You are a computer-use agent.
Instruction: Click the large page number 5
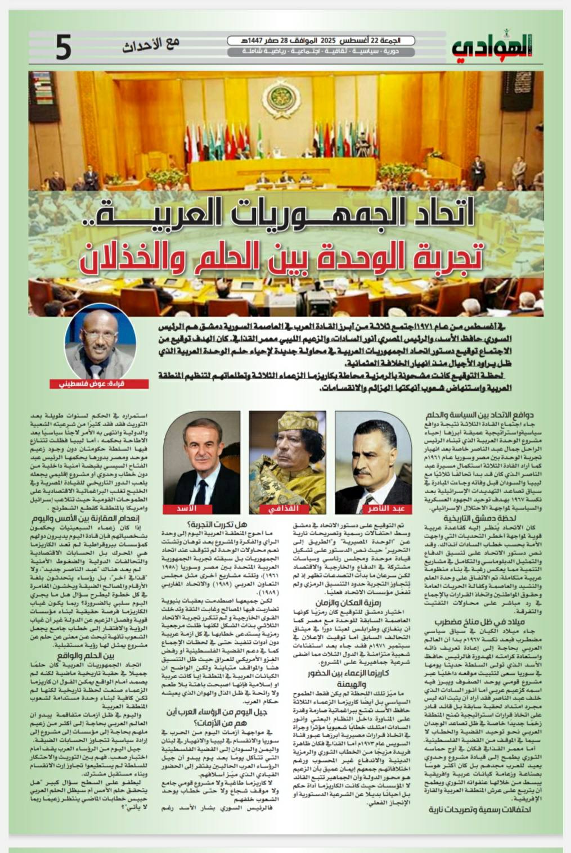click(64, 48)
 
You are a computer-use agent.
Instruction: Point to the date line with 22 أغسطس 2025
click(321, 41)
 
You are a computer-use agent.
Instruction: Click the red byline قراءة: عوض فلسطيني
click(107, 384)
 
